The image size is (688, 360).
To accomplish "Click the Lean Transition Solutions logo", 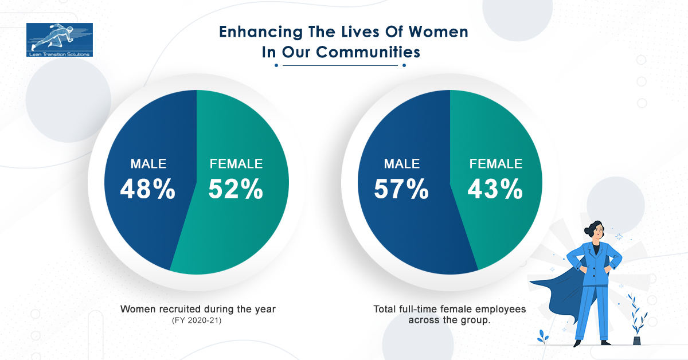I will (x=59, y=40).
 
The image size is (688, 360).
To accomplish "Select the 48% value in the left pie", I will (x=148, y=190).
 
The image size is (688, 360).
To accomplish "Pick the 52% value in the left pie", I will (x=236, y=190).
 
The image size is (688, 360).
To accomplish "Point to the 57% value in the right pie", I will (x=401, y=190).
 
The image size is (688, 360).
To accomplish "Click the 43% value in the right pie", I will (x=495, y=190).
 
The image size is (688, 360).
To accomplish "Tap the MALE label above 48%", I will (x=148, y=164).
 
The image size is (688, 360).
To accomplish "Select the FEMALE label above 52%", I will (x=236, y=164).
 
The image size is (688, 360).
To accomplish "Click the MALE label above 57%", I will (x=402, y=164).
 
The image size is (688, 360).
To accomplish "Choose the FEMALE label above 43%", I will (x=495, y=164).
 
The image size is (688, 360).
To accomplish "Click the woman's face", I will (x=597, y=232).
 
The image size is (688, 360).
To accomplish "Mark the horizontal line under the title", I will (x=340, y=65).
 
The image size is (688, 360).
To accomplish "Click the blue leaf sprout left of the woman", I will (x=543, y=336).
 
